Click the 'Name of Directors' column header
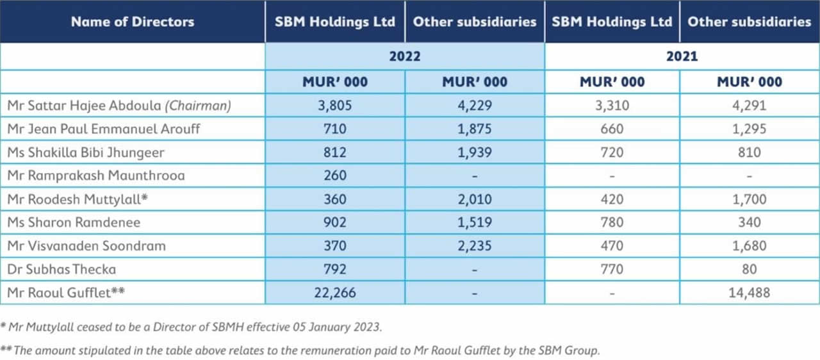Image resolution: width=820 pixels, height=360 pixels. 132,22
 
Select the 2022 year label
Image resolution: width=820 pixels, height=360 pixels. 405,56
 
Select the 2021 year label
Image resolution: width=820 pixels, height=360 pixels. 682,56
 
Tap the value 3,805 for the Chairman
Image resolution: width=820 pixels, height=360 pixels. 335,105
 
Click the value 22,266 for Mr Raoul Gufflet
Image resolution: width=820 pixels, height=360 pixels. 335,293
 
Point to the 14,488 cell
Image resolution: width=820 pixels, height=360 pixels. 749,293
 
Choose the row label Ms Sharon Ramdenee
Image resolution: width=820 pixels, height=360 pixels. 74,222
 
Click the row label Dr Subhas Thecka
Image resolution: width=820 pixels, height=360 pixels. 61,269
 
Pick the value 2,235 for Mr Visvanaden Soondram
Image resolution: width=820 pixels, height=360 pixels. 474,246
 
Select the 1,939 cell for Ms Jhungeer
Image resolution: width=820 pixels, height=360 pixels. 474,152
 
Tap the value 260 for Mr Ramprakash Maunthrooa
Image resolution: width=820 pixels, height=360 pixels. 335,176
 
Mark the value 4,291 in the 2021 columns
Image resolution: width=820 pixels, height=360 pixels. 749,105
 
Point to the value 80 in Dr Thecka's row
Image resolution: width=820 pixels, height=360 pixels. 749,269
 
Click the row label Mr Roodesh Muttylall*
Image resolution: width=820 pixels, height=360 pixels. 78,199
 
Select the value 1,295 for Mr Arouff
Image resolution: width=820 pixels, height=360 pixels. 749,129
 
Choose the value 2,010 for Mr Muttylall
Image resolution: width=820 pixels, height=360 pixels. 474,199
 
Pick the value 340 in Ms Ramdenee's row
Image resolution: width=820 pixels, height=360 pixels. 749,222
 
